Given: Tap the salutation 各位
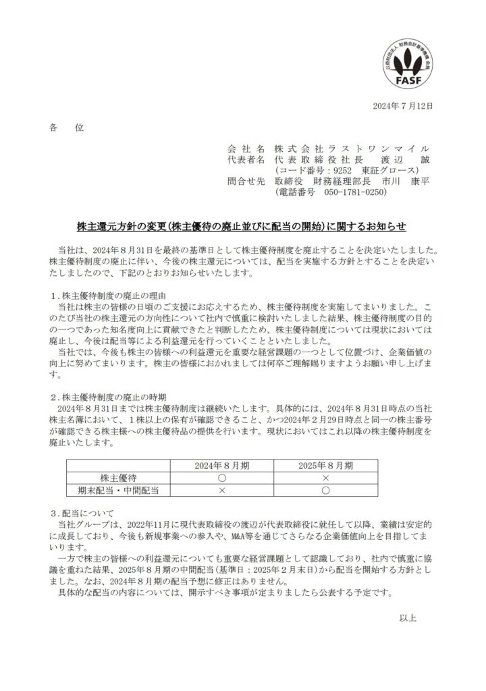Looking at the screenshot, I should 65,128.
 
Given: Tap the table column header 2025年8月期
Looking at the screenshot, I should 325,465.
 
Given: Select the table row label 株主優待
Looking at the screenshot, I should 119,477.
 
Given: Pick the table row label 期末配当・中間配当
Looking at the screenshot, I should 119,490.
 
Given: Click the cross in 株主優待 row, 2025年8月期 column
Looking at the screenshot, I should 325,477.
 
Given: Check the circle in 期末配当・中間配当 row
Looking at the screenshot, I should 325,490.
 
